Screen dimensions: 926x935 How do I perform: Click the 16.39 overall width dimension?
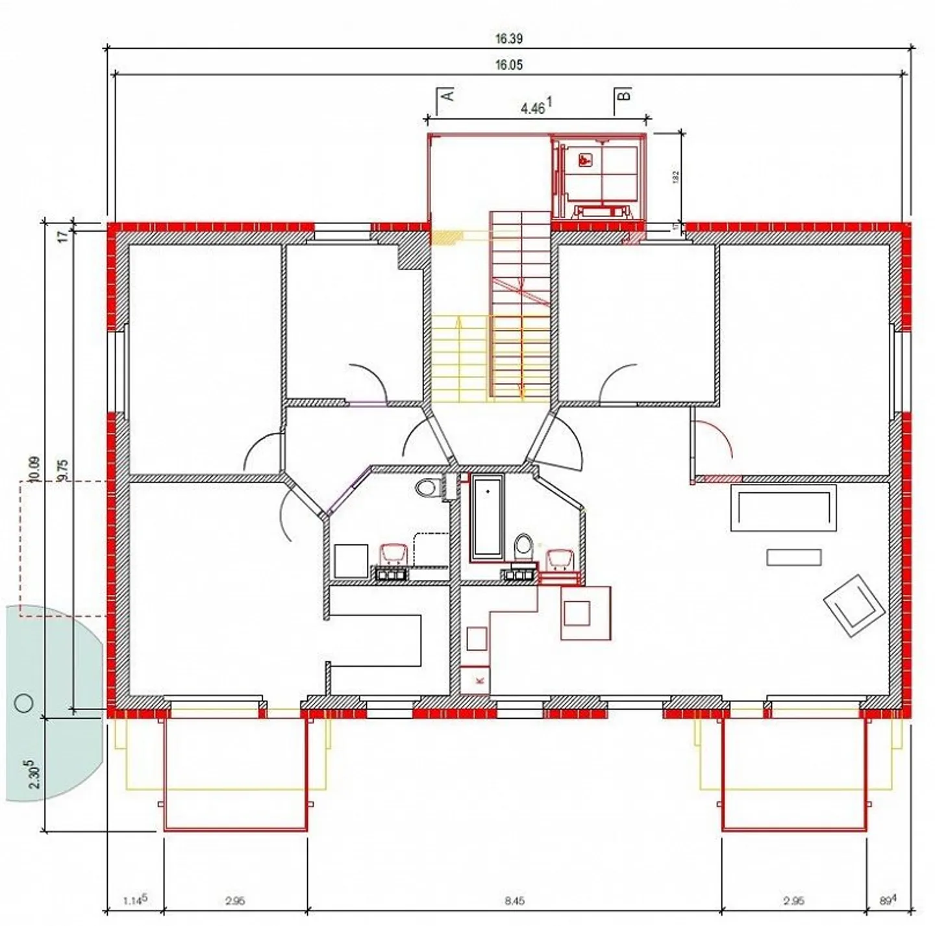click(508, 39)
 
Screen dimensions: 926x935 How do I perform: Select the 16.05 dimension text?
click(508, 65)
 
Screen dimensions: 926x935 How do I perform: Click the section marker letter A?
click(447, 95)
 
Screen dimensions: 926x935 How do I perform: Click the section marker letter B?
click(623, 95)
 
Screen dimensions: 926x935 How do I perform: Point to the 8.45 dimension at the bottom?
click(514, 901)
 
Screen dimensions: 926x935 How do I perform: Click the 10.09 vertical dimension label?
click(34, 469)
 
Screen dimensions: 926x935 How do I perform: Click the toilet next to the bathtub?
click(523, 546)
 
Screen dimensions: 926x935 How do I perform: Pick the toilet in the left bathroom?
click(426, 486)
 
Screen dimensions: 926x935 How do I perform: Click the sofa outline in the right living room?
click(783, 507)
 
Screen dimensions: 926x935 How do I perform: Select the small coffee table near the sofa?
click(793, 557)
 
